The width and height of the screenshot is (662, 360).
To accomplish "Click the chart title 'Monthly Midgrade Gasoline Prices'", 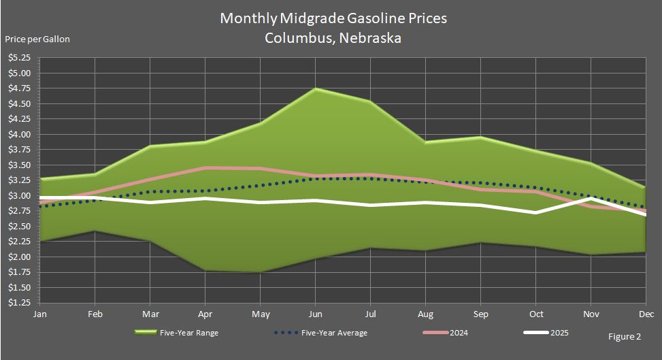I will [333, 18].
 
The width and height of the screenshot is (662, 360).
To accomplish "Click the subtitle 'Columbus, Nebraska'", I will [333, 38].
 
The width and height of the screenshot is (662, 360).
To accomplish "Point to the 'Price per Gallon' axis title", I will [37, 39].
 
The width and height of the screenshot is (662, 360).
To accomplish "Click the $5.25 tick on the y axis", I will [18, 58].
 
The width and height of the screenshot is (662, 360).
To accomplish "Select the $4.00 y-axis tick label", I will [18, 134].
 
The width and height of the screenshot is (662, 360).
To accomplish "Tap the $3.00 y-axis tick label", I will [18, 195].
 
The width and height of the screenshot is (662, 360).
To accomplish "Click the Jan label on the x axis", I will [39, 314].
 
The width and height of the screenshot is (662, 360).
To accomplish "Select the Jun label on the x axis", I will [315, 314].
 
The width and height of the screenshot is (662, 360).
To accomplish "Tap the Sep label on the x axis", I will [480, 314].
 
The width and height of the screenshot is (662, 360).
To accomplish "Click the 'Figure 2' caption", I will [623, 336].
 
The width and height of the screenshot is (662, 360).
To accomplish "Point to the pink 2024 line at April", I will [205, 167].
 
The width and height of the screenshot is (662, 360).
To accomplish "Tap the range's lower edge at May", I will [260, 272].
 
